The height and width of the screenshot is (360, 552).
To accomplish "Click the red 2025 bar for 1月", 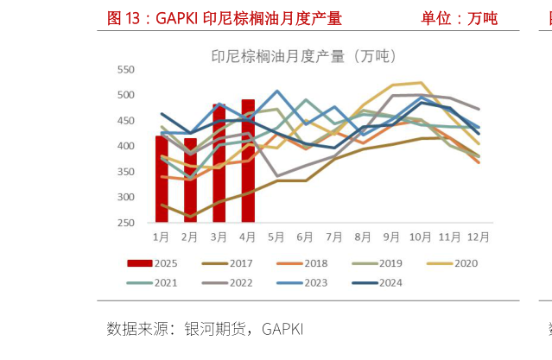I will (x=162, y=179).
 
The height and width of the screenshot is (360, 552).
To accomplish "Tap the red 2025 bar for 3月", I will (x=219, y=163).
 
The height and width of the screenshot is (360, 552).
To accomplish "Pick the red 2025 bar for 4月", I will (x=248, y=161).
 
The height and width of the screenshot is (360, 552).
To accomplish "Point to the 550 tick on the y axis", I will (x=125, y=69).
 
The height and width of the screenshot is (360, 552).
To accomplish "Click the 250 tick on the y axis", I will (x=125, y=223).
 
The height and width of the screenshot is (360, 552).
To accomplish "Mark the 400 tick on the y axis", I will (x=125, y=146).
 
